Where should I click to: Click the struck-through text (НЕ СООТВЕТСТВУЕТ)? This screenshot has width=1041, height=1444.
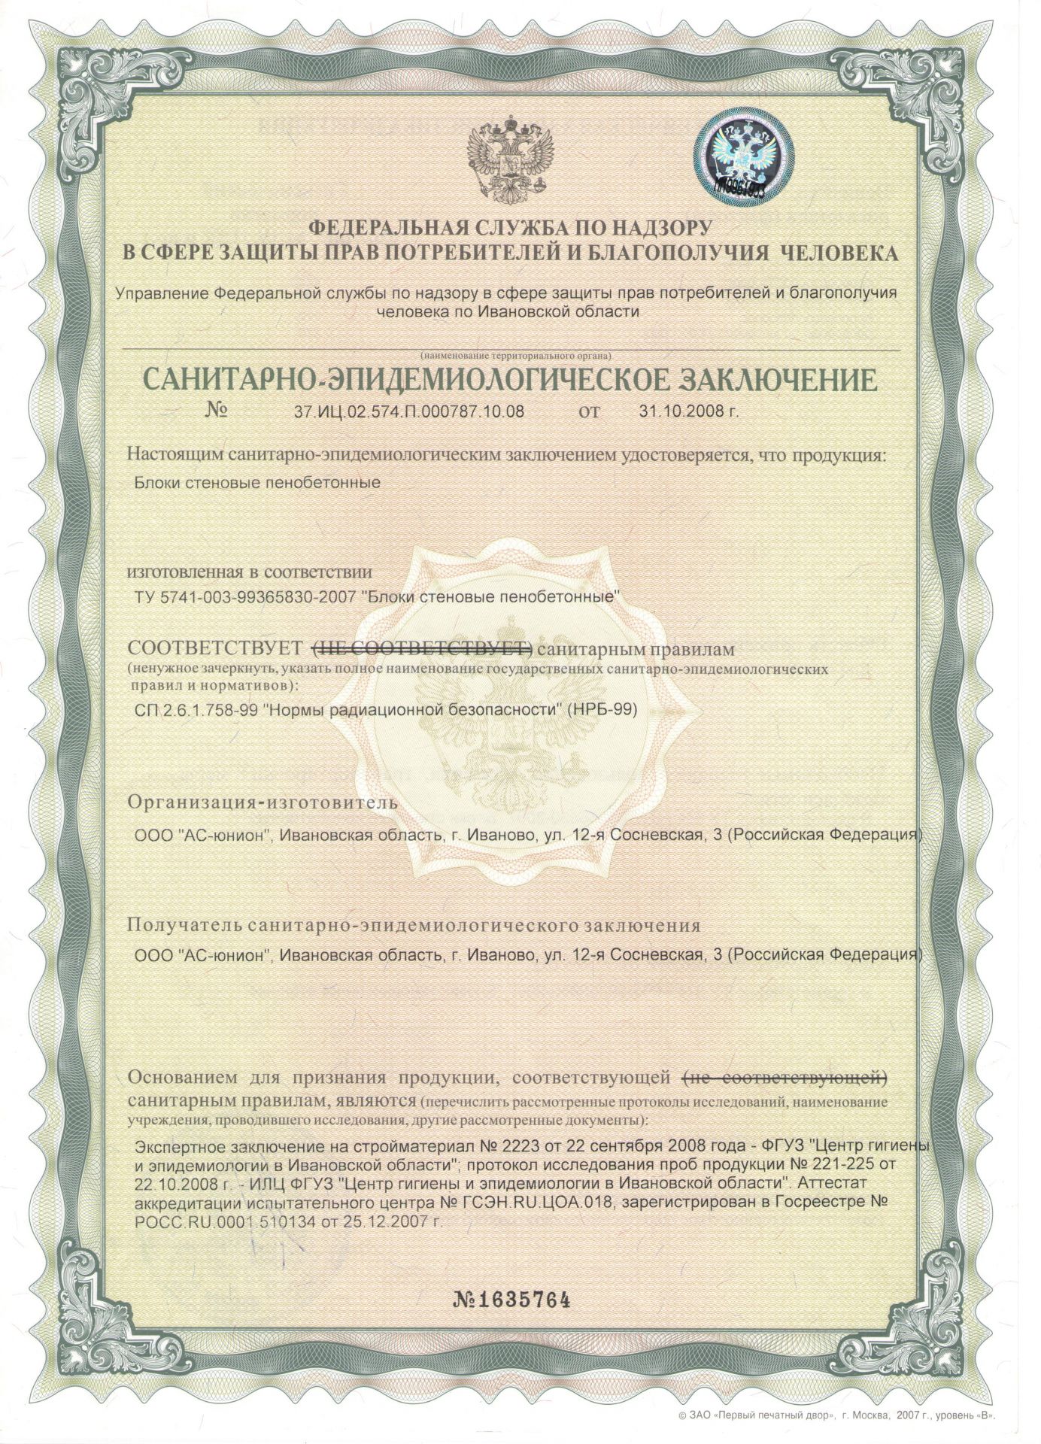tap(422, 648)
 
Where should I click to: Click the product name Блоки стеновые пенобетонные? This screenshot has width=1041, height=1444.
tap(256, 482)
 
